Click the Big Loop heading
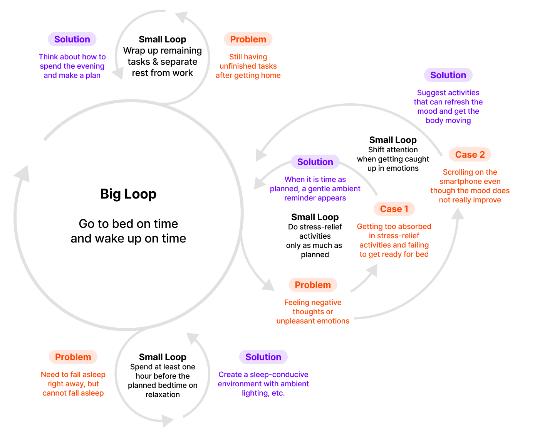pos(128,194)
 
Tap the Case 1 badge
pos(394,209)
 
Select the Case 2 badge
pos(470,155)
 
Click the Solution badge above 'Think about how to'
pos(72,39)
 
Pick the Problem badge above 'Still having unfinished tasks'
pos(248,39)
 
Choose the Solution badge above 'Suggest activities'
pos(448,75)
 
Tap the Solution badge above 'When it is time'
pos(315,162)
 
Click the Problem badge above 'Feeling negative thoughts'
pos(313,285)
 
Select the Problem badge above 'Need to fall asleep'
pos(73,357)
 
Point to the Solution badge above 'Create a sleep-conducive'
pos(263,357)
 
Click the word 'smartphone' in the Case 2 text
pos(470,182)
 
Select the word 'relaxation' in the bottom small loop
pos(163,395)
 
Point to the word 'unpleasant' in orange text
pos(294,321)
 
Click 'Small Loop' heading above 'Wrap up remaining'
pos(163,39)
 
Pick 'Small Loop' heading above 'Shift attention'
pos(393,140)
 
